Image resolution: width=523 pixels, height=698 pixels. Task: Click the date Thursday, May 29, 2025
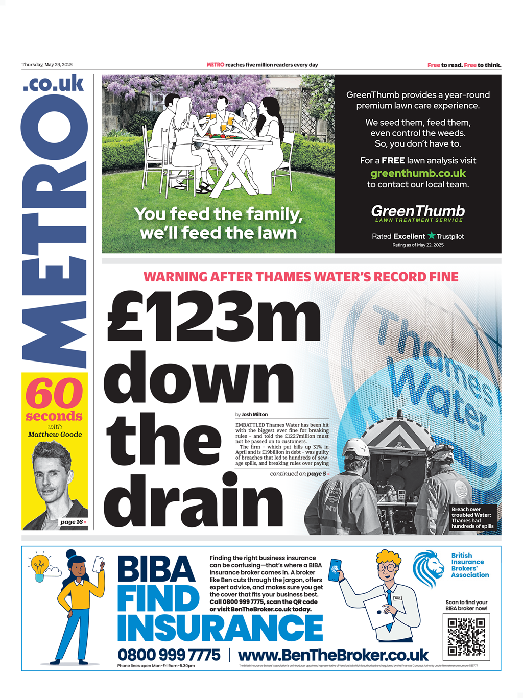[x=47, y=65]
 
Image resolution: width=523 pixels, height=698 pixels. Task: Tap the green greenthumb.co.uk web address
[x=418, y=173]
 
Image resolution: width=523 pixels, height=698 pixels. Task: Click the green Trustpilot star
[x=432, y=236]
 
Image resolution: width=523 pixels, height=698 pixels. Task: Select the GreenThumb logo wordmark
[x=418, y=211]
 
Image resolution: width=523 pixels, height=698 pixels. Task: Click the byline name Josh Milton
[x=254, y=415]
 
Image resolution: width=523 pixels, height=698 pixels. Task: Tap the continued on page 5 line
[x=299, y=474]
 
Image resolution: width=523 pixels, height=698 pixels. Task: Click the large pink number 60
[x=54, y=393]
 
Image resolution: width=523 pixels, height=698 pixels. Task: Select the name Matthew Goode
[x=55, y=435]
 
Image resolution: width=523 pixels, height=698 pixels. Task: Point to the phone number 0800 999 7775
[x=169, y=655]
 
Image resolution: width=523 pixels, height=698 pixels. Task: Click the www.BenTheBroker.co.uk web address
[x=333, y=655]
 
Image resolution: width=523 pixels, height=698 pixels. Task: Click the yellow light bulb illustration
[x=39, y=566]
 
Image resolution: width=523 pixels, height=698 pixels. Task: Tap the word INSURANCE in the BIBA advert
[x=220, y=628]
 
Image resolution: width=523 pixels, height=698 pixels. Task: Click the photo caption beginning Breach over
[x=472, y=518]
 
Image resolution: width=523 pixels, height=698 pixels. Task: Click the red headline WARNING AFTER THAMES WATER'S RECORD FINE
[x=301, y=277]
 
